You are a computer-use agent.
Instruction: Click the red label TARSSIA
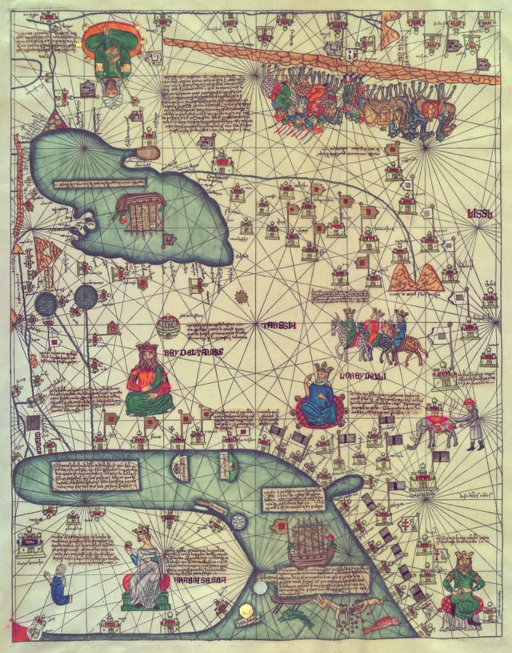[278, 325]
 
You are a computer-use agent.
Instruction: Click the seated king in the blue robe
[320, 398]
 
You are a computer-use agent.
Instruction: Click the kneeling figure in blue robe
[59, 585]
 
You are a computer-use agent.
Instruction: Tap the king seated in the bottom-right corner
[462, 589]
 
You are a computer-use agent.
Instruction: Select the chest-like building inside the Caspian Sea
[141, 209]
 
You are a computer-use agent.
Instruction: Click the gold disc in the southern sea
[247, 611]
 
